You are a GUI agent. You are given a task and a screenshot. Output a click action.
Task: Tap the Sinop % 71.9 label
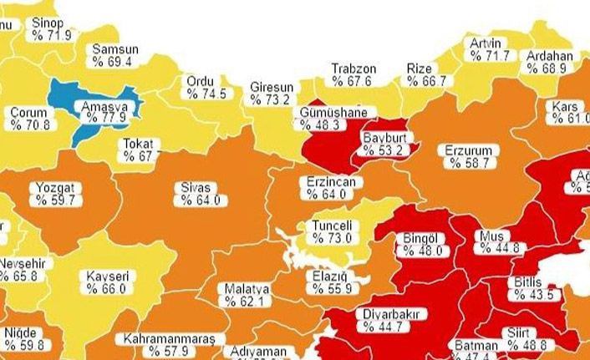coord(49,28)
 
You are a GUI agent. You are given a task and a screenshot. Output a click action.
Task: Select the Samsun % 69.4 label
coord(114,55)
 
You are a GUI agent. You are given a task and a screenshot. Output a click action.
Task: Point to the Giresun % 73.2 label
coord(271,94)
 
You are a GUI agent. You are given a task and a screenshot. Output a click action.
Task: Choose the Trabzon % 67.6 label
coord(353,74)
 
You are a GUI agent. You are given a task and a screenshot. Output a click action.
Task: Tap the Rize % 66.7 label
coord(426,74)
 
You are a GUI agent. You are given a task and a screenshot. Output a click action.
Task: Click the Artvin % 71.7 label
coord(489,49)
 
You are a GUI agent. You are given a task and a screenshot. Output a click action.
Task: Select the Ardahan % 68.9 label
coord(549,62)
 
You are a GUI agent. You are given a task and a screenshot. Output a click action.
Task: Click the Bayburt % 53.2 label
coord(383,144)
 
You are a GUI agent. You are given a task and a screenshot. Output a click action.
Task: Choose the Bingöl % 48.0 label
coord(420,244)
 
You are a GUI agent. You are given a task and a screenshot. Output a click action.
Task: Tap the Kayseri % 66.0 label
coord(105,282)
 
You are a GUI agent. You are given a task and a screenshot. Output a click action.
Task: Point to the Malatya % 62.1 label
coord(247,295)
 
